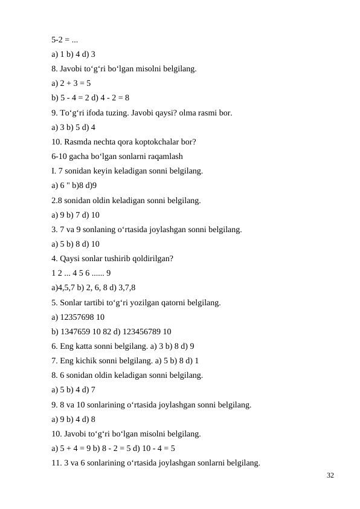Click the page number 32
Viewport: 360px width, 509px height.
click(330, 476)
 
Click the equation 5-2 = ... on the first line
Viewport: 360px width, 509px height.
click(64, 40)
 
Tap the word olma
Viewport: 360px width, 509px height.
click(184, 112)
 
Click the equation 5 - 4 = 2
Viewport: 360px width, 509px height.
click(76, 98)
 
